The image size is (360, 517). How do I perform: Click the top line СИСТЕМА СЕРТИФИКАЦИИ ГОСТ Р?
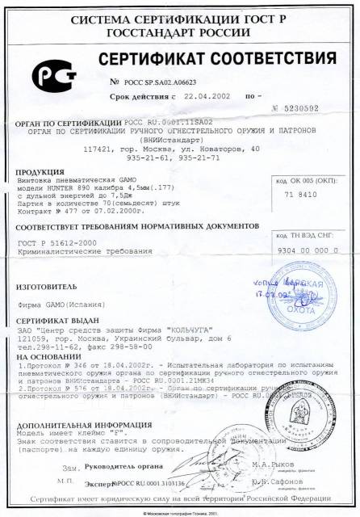179,17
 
